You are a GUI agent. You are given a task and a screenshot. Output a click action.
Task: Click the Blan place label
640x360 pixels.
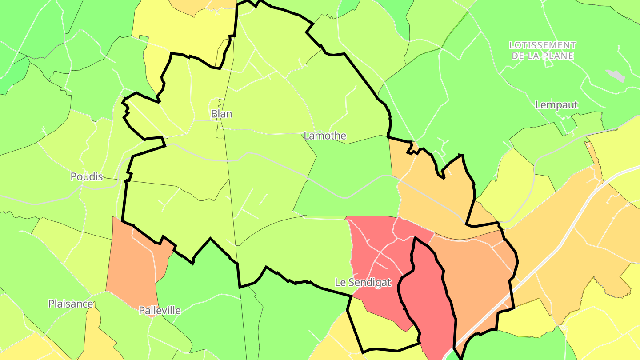point(221,114)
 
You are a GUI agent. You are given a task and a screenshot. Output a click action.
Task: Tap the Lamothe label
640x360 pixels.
point(325,136)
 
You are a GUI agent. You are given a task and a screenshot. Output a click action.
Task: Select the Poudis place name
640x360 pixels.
point(87,176)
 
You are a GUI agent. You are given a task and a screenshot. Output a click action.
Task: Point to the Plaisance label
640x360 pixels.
point(71,304)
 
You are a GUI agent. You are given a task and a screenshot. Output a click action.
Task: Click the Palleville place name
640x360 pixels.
point(160,310)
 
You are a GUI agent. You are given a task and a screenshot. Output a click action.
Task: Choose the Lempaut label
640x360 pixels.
point(556,105)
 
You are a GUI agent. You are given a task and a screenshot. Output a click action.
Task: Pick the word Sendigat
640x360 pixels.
point(370,282)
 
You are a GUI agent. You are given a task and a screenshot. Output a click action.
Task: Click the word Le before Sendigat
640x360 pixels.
point(340,282)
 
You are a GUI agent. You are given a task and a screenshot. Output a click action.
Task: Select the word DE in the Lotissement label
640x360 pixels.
point(518,56)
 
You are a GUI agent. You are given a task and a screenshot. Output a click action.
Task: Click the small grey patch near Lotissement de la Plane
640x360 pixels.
point(616,76)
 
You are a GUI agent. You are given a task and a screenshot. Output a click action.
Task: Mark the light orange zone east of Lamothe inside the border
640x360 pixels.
point(431,196)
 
